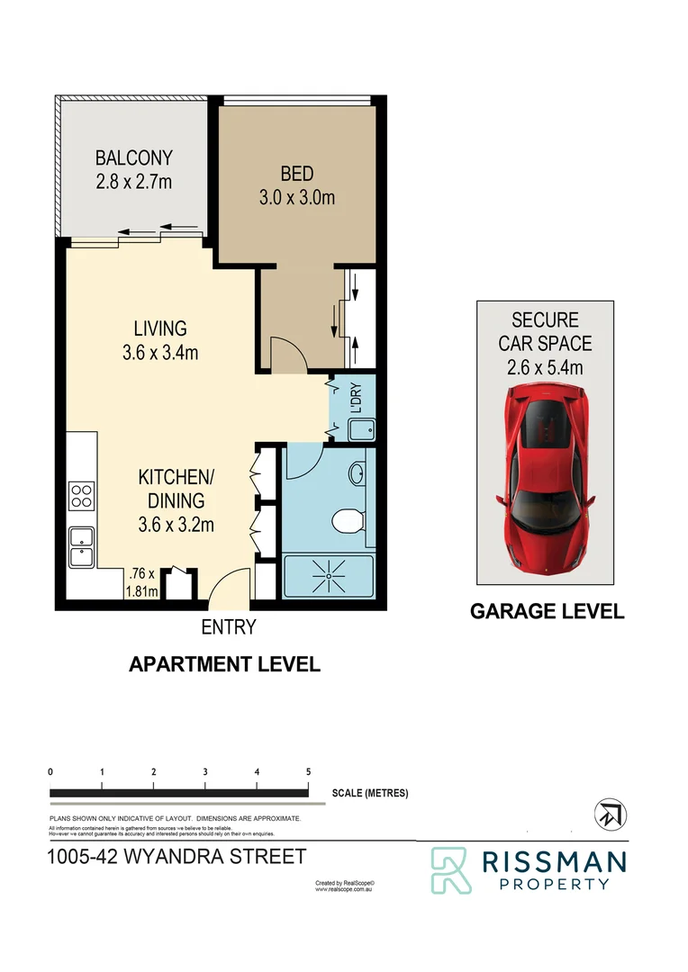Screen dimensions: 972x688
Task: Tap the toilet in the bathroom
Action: coord(347,521)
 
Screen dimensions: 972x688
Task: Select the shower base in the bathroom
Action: coord(327,577)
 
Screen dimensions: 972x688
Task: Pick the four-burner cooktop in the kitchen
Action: coord(82,496)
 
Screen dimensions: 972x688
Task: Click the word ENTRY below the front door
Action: coord(230,626)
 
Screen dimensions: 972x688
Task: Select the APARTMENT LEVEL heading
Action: coord(224,664)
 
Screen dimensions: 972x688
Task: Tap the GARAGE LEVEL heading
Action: coord(547,612)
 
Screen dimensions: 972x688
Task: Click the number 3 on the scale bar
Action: coord(206,772)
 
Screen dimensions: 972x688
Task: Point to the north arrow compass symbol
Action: coord(611,814)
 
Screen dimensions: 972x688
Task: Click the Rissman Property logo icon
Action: coord(450,869)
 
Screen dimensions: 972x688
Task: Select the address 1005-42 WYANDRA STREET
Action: coord(177,856)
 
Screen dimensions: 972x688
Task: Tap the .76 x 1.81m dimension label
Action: coord(143,581)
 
